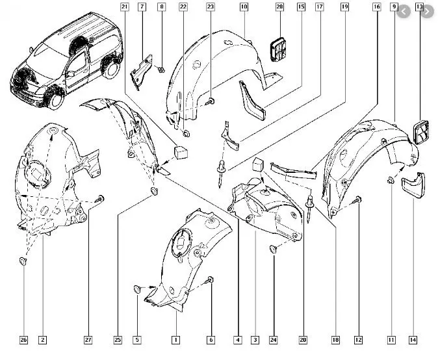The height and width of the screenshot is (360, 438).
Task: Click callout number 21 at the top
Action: (x=125, y=6)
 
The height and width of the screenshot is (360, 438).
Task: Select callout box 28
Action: (x=279, y=6)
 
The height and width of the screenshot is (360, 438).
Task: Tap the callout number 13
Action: (x=419, y=6)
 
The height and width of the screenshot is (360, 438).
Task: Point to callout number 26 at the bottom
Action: (x=23, y=340)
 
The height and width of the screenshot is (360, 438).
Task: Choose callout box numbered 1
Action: (x=175, y=340)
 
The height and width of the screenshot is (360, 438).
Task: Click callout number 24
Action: (x=273, y=340)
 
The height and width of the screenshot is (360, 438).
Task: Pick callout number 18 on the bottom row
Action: (x=335, y=340)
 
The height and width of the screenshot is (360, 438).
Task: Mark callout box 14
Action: (x=413, y=340)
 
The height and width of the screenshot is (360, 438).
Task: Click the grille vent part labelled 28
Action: (x=279, y=49)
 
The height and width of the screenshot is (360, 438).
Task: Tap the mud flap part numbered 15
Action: (x=253, y=101)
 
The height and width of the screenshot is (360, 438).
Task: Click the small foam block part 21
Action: (x=181, y=152)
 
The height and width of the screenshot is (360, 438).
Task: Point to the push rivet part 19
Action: (x=221, y=174)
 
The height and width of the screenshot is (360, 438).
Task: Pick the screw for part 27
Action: (x=99, y=199)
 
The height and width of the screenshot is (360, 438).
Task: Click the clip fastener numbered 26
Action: (x=23, y=261)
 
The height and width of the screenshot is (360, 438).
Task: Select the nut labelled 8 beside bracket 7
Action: (x=161, y=70)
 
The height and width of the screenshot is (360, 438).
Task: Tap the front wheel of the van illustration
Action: (x=56, y=99)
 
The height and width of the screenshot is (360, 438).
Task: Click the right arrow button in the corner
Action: (x=427, y=12)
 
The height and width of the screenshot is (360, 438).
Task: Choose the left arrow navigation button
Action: (x=404, y=12)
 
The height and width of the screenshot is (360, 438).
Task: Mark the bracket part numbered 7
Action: (x=141, y=72)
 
